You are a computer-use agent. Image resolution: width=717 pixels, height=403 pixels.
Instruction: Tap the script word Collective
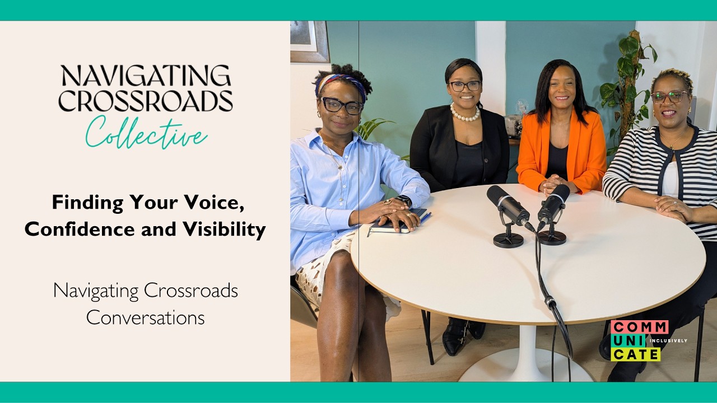click(146, 133)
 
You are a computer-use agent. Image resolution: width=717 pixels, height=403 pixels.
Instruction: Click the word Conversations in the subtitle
click(145, 317)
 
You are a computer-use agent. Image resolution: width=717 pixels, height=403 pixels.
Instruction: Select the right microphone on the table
click(554, 204)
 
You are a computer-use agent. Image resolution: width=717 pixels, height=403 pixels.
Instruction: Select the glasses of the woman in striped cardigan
click(669, 97)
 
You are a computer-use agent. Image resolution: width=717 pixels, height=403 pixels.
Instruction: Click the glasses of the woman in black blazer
click(464, 86)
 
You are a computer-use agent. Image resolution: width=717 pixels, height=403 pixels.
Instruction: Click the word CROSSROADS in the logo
click(145, 101)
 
